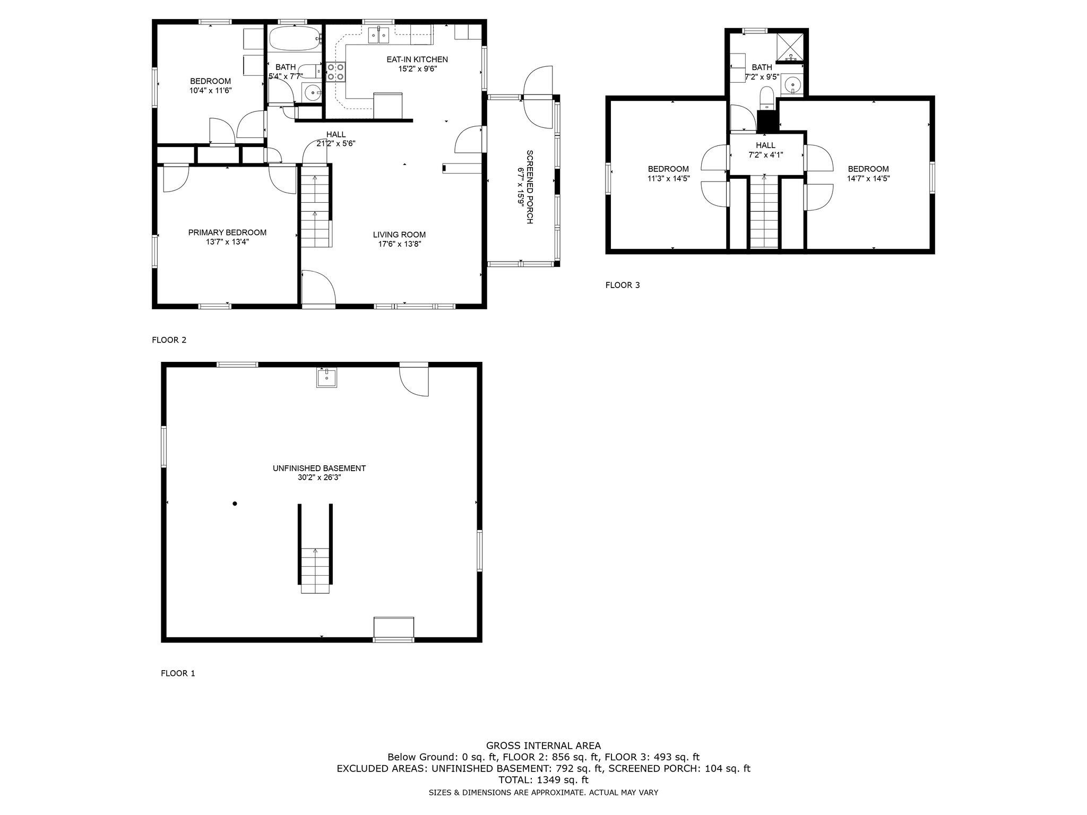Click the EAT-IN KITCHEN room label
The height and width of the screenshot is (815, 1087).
tap(417, 59)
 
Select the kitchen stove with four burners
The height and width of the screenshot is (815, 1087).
tap(336, 72)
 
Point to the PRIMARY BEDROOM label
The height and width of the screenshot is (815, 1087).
tap(227, 232)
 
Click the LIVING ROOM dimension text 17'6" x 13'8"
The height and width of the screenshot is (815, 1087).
tap(399, 244)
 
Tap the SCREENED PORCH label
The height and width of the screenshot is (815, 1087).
tap(529, 187)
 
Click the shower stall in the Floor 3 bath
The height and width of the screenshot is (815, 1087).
tap(790, 46)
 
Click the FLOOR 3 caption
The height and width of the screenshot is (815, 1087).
tap(623, 285)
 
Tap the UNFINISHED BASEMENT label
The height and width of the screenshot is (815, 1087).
tap(319, 469)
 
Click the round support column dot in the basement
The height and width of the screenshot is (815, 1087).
tap(235, 504)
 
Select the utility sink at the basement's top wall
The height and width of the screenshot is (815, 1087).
tap(326, 378)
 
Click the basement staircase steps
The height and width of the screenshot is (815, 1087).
tap(315, 571)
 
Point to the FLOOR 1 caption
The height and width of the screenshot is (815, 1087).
tap(178, 673)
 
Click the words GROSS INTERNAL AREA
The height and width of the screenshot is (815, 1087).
tap(543, 745)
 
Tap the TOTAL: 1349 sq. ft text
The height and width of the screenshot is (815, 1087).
tap(543, 780)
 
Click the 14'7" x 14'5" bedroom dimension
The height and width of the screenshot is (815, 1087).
tap(868, 179)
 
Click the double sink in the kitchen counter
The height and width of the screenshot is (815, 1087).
tap(379, 36)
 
